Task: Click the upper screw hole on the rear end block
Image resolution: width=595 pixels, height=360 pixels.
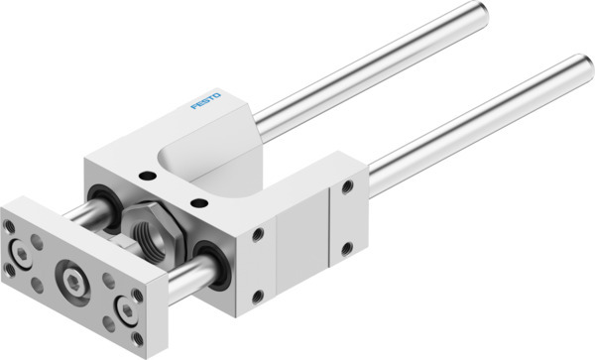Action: [347, 185]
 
